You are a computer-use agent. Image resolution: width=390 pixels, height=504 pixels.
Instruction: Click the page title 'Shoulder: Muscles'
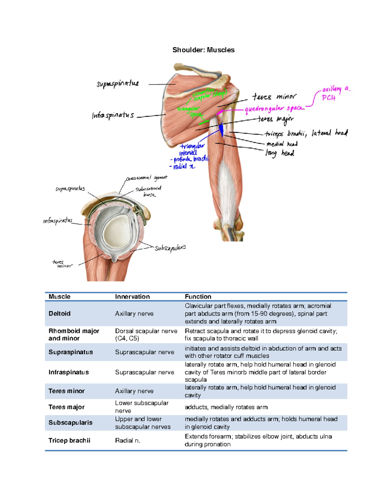203,50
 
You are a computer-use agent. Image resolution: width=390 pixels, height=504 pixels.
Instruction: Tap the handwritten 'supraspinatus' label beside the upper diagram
118,84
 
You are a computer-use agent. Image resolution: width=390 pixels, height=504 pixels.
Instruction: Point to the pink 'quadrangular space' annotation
274,109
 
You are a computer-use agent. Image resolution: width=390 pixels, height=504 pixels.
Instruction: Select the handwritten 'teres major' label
276,119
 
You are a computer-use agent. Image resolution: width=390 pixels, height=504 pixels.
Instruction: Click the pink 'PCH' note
328,98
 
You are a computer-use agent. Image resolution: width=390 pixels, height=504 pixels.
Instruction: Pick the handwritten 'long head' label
280,153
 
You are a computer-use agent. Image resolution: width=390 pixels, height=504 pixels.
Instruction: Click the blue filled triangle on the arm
221,130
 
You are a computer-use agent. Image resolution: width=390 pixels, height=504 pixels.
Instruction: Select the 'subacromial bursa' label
149,191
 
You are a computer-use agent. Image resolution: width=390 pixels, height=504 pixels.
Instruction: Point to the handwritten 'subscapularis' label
170,248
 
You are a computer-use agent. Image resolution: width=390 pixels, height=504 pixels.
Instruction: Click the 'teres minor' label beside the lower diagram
62,264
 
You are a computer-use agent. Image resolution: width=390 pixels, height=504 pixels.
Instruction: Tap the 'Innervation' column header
132,297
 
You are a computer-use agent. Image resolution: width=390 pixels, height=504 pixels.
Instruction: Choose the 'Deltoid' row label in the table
59,313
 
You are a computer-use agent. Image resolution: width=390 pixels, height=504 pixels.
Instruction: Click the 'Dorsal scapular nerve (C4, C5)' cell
146,335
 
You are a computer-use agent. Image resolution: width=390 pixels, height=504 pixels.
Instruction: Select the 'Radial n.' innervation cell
127,440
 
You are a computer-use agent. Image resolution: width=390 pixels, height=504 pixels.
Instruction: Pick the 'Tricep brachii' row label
69,440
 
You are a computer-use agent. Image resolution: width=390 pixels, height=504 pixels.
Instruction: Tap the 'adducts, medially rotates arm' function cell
226,407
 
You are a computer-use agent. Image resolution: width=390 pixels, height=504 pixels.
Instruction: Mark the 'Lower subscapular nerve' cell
142,407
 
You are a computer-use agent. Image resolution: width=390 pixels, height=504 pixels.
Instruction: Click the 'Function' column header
198,297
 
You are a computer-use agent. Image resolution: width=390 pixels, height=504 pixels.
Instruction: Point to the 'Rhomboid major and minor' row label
74,335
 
